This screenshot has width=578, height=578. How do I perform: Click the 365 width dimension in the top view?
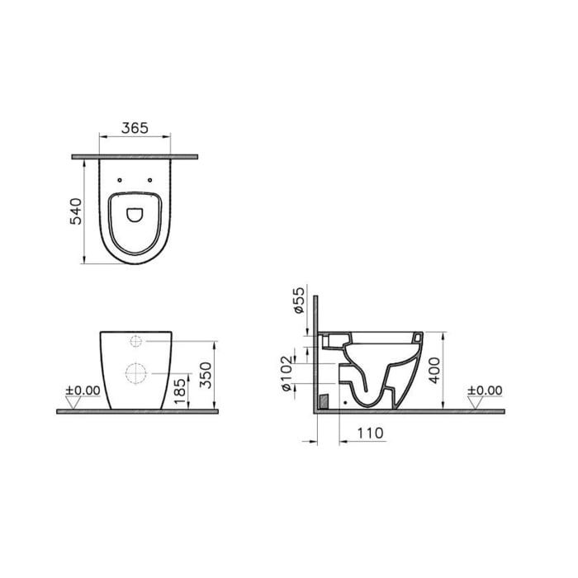point(135,127)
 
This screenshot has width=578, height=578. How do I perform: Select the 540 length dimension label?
point(74,212)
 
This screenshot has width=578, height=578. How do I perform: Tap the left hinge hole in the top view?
point(120,179)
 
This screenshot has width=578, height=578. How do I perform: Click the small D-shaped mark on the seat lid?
point(135,215)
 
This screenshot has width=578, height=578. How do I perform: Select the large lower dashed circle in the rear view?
point(135,374)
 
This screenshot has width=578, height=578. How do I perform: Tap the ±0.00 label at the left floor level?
point(83,389)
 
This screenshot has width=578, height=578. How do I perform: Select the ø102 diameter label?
point(287,375)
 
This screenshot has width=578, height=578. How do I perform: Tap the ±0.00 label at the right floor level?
point(485,389)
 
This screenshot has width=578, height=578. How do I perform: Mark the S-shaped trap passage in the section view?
point(363,388)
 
